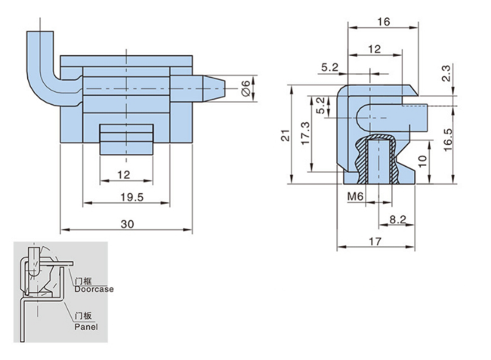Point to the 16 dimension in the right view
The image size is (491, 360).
(383, 22)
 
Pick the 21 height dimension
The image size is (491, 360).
(282, 136)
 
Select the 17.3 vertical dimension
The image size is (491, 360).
(304, 134)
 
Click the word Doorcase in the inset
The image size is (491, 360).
(94, 288)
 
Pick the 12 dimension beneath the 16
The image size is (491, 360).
(375, 49)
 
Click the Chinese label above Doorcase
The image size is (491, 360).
(82, 280)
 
